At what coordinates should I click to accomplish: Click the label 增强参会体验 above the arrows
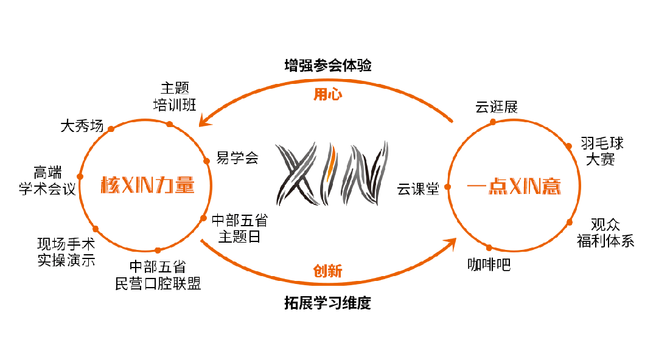[x=327, y=66]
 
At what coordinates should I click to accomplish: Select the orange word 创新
[x=327, y=271]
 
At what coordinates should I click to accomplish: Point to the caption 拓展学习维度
[x=327, y=302]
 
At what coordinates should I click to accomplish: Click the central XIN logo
[x=331, y=173]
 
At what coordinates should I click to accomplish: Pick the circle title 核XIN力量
[x=147, y=185]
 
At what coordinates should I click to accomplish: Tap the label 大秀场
[x=82, y=126]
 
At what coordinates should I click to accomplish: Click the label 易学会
[x=238, y=158]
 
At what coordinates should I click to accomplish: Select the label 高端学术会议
[x=47, y=181]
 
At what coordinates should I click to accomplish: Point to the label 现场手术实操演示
[x=66, y=252]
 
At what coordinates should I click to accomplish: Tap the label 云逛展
[x=497, y=108]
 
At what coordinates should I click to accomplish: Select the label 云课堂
[x=418, y=189]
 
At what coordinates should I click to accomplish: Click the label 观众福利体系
[x=605, y=233]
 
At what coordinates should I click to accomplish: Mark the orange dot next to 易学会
[x=206, y=161]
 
